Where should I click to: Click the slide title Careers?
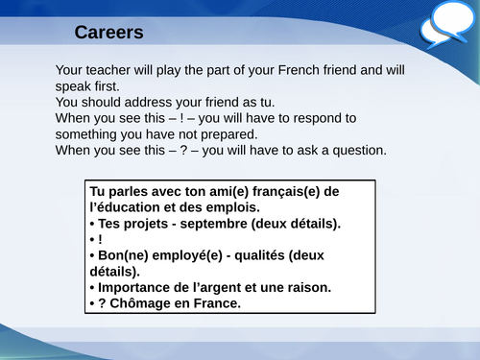[108, 33]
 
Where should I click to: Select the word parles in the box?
[130, 191]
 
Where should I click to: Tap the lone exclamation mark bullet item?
[98, 239]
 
